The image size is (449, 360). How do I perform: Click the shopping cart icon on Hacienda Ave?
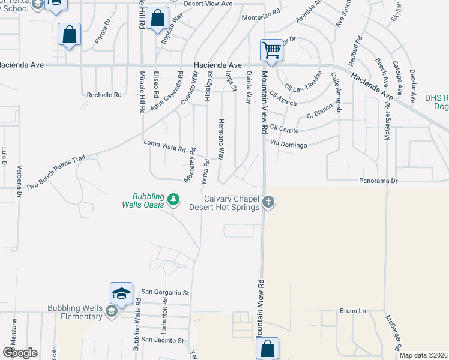[271, 50]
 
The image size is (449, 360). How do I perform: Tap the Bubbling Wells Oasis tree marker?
[173, 199]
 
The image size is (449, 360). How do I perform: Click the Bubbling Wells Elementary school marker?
[111, 311]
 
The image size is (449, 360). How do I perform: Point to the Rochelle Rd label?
[104, 95]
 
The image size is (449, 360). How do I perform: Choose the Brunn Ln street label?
[352, 311]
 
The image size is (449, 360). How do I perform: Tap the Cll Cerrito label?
[285, 127]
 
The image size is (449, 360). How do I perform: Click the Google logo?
[20, 352]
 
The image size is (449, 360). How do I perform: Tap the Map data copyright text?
[423, 355]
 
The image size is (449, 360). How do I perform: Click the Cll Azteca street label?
[283, 99]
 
